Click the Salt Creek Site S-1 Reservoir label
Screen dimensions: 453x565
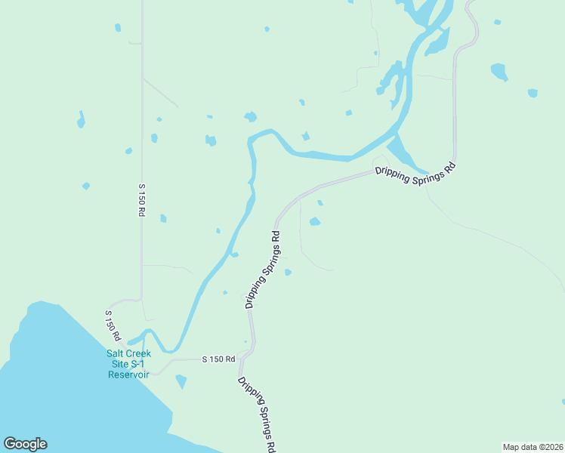(128, 363)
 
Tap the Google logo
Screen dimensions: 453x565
(25, 444)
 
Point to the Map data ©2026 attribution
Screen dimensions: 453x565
(533, 446)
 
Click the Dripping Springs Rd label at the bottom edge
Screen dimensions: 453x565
(257, 414)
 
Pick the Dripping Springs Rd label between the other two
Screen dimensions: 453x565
(263, 269)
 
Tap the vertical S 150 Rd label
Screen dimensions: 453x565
(140, 200)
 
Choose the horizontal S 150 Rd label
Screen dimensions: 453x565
(218, 360)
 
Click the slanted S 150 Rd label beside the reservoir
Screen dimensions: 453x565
(113, 323)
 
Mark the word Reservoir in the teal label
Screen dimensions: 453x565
(128, 374)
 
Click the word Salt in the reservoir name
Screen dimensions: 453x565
(116, 353)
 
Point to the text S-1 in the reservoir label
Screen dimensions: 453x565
(140, 363)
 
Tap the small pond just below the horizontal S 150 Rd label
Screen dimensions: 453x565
(181, 381)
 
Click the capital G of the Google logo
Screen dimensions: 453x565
(10, 444)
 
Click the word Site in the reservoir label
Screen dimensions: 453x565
(117, 363)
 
